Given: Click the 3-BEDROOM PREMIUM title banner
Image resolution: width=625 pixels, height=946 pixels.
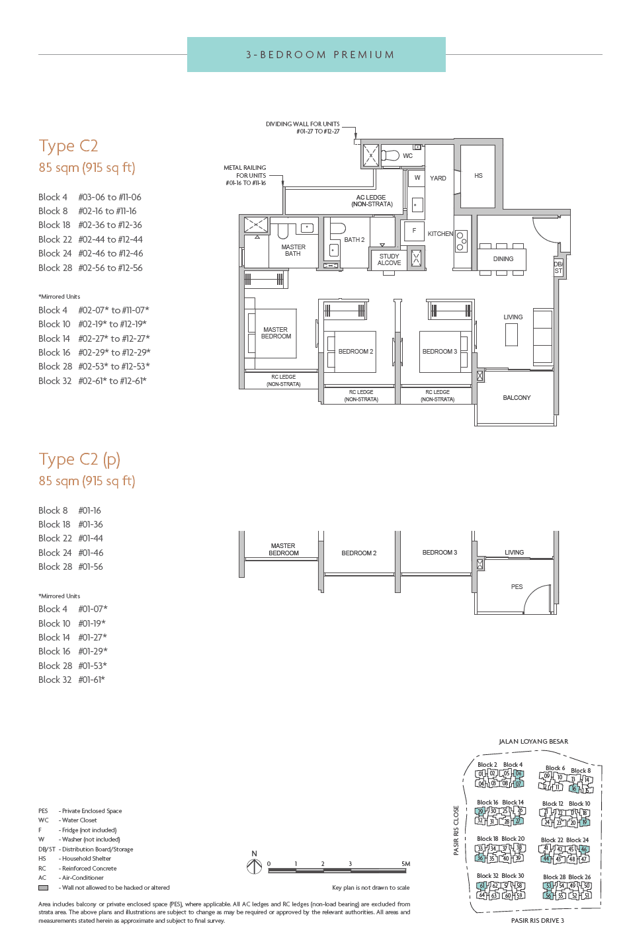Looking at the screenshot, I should click(316, 54).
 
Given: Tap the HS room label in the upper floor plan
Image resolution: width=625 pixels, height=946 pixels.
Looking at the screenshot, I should click(478, 176).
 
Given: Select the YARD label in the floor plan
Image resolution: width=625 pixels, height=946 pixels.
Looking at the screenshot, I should click(438, 178).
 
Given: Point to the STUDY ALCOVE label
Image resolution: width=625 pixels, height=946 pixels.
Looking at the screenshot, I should click(389, 260).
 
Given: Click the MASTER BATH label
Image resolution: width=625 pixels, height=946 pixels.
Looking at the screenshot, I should click(293, 251).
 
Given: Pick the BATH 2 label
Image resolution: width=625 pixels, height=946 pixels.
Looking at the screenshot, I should click(354, 240).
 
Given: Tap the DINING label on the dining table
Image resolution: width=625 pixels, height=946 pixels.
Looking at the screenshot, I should click(503, 259).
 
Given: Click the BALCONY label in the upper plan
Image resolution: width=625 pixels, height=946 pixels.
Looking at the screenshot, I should click(517, 398).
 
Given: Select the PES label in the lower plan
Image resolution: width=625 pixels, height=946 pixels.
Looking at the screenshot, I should click(517, 587).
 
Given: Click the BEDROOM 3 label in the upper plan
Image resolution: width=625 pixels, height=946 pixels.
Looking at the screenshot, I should click(439, 352).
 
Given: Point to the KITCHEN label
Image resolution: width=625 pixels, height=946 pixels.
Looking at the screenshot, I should click(440, 234).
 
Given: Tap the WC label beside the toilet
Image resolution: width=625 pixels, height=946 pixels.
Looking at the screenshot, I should click(407, 156).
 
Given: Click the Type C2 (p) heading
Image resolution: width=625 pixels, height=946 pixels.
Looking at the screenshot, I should click(79, 459).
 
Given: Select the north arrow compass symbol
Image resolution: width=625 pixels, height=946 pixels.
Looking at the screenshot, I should click(254, 865).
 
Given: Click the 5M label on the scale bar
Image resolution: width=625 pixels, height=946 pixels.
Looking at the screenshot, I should click(405, 864).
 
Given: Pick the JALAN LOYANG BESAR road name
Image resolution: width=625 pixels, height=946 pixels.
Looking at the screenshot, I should click(533, 742).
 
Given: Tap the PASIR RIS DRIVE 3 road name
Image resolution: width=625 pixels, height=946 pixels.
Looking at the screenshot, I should click(537, 921).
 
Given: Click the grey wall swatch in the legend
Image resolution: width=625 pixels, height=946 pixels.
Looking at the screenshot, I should click(43, 888).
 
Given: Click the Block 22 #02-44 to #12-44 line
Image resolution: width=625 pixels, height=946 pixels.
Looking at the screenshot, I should click(91, 239).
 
